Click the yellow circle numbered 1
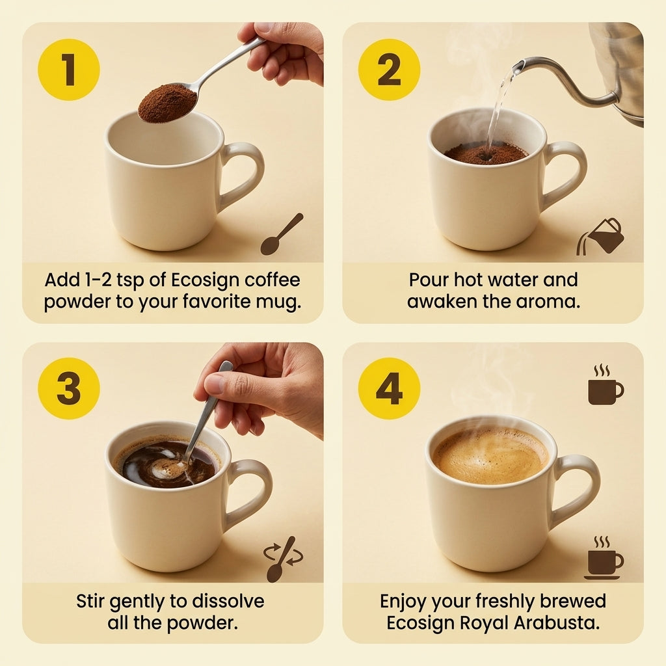[69, 70]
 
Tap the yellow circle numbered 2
[389, 70]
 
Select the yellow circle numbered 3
[69, 388]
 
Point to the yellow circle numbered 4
[389, 388]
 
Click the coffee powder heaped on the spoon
[167, 103]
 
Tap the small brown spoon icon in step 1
[282, 234]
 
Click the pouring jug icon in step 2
[600, 237]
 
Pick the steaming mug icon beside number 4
[606, 384]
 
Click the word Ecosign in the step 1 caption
[205, 280]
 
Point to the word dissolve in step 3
[228, 602]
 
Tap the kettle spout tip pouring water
[518, 66]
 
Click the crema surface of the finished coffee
[490, 455]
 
